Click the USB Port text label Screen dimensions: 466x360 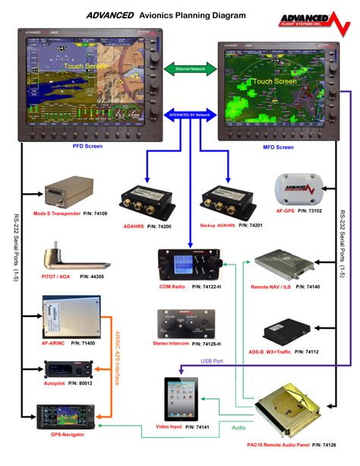pyautogui.click(x=212, y=361)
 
